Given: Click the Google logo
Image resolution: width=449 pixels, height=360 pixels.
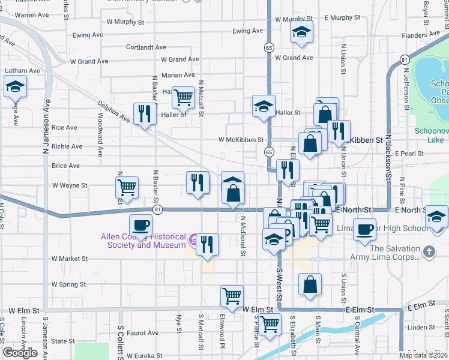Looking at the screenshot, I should click(x=20, y=353).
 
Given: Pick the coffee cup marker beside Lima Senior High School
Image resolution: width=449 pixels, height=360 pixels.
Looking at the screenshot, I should click(x=364, y=229).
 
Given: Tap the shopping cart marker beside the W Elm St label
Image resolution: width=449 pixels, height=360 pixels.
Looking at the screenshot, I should click(x=232, y=295).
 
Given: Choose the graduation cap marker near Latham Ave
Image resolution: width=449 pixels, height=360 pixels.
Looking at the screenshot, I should click(x=16, y=88).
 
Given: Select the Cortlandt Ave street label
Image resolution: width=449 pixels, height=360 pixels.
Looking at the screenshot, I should click(x=146, y=47).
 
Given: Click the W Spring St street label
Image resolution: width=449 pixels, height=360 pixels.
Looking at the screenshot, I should click(x=69, y=284).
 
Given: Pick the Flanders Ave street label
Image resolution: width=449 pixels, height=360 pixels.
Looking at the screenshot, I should click(x=423, y=35).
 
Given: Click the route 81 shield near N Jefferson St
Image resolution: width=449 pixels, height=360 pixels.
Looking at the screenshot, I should click(x=405, y=60).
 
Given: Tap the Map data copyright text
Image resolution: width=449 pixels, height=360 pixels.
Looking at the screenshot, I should click(x=423, y=355).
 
